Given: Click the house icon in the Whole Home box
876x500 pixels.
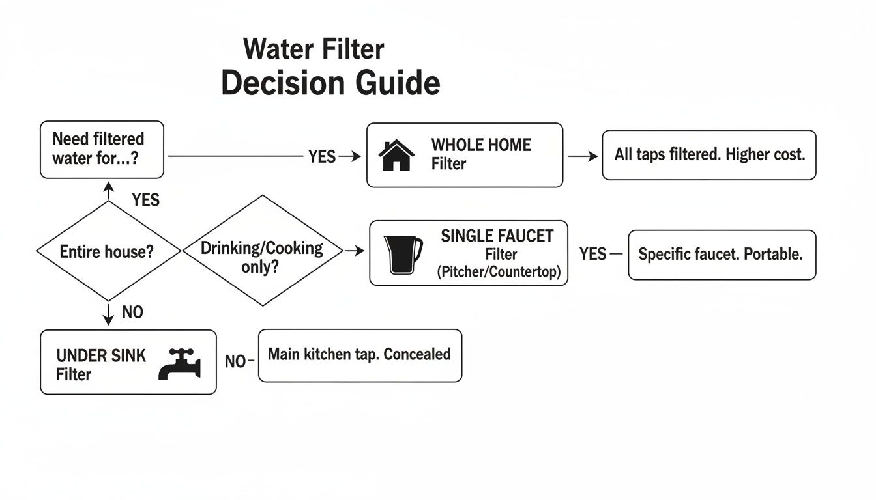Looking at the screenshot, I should pyautogui.click(x=396, y=156).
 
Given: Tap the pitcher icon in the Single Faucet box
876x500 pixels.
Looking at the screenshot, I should pyautogui.click(x=403, y=255).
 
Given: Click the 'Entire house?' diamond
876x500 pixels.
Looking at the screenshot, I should pyautogui.click(x=107, y=251).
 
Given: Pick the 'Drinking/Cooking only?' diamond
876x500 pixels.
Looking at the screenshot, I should pyautogui.click(x=262, y=251).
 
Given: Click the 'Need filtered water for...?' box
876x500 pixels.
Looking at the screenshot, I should pyautogui.click(x=102, y=149).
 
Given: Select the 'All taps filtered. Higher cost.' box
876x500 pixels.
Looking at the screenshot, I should pyautogui.click(x=708, y=155).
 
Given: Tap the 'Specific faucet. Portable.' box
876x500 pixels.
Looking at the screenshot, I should pyautogui.click(x=722, y=255).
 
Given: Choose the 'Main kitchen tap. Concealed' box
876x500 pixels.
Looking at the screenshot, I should pyautogui.click(x=360, y=355).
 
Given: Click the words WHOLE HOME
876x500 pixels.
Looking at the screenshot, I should pyautogui.click(x=481, y=145).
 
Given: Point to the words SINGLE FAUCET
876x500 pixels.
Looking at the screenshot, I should pyautogui.click(x=497, y=236).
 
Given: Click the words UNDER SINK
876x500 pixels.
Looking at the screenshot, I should pyautogui.click(x=101, y=355).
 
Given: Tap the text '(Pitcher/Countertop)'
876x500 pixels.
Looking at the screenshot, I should pyautogui.click(x=499, y=271).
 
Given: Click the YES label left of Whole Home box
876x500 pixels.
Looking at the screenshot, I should pyautogui.click(x=321, y=156).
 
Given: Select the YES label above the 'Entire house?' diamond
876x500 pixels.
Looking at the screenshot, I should pyautogui.click(x=145, y=199).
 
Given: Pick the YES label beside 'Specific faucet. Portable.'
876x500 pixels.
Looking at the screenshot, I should pyautogui.click(x=592, y=254).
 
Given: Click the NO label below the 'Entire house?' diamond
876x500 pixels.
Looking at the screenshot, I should pyautogui.click(x=132, y=313).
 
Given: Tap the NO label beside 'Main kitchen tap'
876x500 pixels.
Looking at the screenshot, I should pyautogui.click(x=235, y=361).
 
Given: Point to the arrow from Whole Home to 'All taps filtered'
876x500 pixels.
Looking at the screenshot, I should pyautogui.click(x=582, y=156).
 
